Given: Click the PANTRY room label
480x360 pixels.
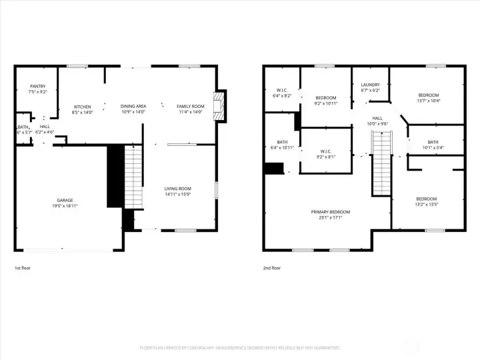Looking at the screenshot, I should click(x=38, y=87).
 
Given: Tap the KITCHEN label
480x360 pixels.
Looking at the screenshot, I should click(x=82, y=107).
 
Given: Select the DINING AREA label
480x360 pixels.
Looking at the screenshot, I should click(x=133, y=107).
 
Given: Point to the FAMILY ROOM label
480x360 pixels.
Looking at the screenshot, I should click(x=189, y=107).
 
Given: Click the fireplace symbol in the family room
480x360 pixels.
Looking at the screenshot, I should click(x=218, y=106).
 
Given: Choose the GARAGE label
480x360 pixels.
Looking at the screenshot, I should click(x=65, y=200).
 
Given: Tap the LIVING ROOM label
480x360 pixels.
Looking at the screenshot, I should click(x=178, y=189).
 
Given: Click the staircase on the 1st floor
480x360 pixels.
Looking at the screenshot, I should click(x=134, y=177).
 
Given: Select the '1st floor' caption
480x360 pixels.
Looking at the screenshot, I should click(x=23, y=268).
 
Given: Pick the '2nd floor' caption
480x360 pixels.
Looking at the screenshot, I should click(x=271, y=268).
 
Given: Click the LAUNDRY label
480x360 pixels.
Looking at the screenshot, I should click(x=370, y=85).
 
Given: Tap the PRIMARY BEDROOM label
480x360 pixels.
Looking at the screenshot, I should click(x=331, y=212).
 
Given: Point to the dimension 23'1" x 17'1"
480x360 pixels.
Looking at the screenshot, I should click(x=331, y=217).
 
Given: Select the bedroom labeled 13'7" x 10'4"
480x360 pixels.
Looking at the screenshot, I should click(x=428, y=98).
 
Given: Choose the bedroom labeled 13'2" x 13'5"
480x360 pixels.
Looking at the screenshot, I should click(x=427, y=201).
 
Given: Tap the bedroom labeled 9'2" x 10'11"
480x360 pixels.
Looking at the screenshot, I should click(x=326, y=101).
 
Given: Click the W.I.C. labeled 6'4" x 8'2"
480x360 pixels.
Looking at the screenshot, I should click(x=282, y=93).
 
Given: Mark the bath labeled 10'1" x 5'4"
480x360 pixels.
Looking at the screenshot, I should click(x=433, y=144).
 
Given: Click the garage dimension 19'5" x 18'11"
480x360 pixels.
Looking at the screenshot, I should click(x=65, y=206).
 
